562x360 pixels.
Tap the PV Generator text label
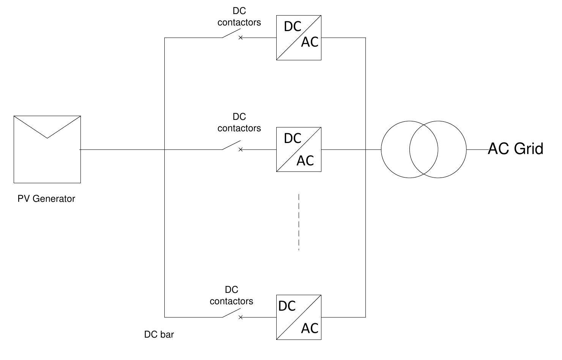point(46,199)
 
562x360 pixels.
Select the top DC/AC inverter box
point(299,38)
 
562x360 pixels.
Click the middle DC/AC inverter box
point(299,149)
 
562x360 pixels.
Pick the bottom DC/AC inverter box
point(299,317)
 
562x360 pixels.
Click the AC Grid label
point(515,149)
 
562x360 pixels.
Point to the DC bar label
point(159,335)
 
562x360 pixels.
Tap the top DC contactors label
point(239,17)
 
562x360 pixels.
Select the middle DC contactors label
point(239,123)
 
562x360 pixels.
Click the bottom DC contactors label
point(231,296)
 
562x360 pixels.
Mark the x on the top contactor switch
point(240,38)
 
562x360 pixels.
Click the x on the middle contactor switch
point(240,150)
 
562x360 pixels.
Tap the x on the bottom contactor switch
point(240,317)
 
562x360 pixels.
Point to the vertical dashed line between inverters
point(299,222)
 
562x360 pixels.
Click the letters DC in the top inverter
point(293,27)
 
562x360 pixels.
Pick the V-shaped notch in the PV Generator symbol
point(47,135)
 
